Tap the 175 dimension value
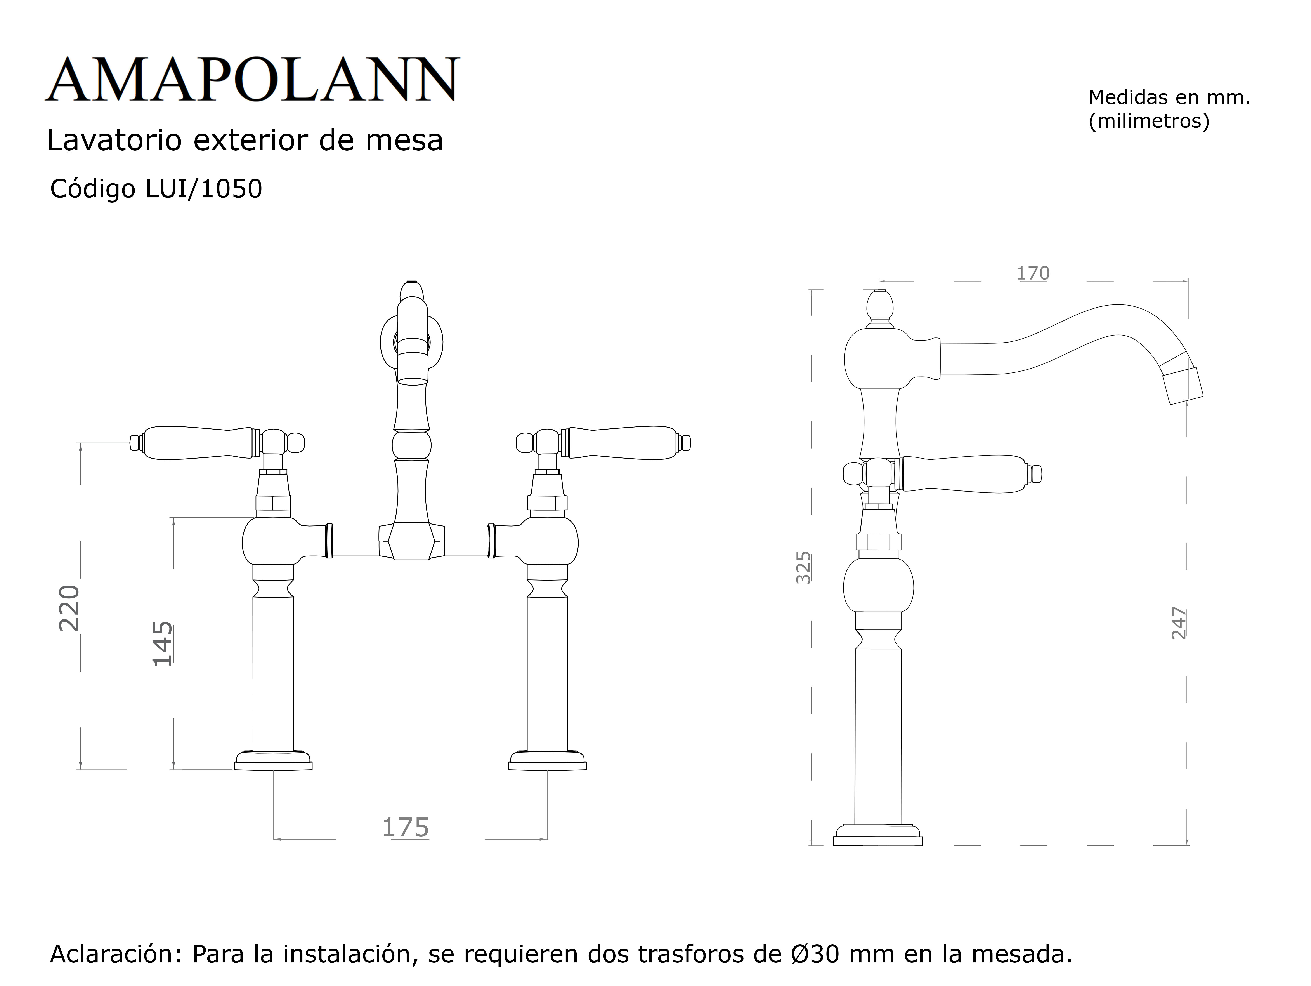point(405,828)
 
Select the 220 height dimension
point(69,608)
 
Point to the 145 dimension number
point(162,643)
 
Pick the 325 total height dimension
point(803,567)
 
